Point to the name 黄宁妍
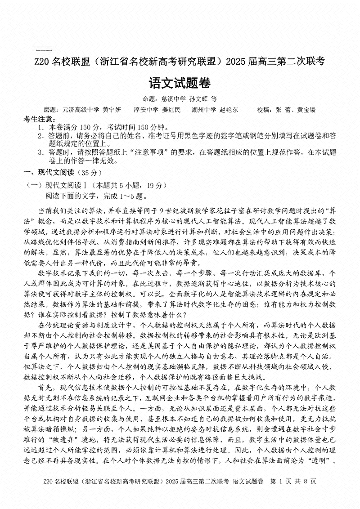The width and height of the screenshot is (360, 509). tap(112, 110)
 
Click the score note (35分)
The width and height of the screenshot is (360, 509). tap(90, 172)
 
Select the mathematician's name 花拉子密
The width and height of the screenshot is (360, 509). tap(238, 210)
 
